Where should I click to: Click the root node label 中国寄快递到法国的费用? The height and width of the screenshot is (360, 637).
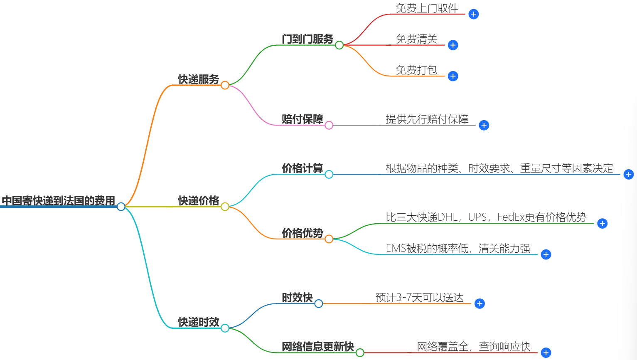58,201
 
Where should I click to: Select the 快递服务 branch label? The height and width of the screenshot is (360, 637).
199,79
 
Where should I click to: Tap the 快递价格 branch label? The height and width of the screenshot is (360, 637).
199,201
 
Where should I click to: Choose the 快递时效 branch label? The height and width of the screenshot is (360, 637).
199,322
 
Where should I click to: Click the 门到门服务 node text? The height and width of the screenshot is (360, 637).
307,39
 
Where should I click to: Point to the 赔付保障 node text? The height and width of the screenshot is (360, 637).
302,119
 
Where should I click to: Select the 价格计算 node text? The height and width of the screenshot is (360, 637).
302,168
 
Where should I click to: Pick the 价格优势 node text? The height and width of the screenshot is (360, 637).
302,233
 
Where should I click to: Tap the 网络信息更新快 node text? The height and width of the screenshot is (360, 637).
318,347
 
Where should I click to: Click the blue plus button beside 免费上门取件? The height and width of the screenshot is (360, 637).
473,14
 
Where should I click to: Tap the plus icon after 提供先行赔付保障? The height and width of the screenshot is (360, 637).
484,125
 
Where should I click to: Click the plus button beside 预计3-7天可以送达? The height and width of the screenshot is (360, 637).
480,303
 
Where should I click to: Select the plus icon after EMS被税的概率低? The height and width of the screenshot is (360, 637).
546,254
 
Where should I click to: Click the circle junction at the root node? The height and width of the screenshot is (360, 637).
121,207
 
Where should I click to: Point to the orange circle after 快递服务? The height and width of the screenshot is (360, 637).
225,85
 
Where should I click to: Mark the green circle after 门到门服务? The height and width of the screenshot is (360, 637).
339,45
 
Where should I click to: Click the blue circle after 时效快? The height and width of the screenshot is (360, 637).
319,303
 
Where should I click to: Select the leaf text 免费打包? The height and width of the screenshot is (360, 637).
416,70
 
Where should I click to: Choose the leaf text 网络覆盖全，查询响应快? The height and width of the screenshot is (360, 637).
474,347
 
